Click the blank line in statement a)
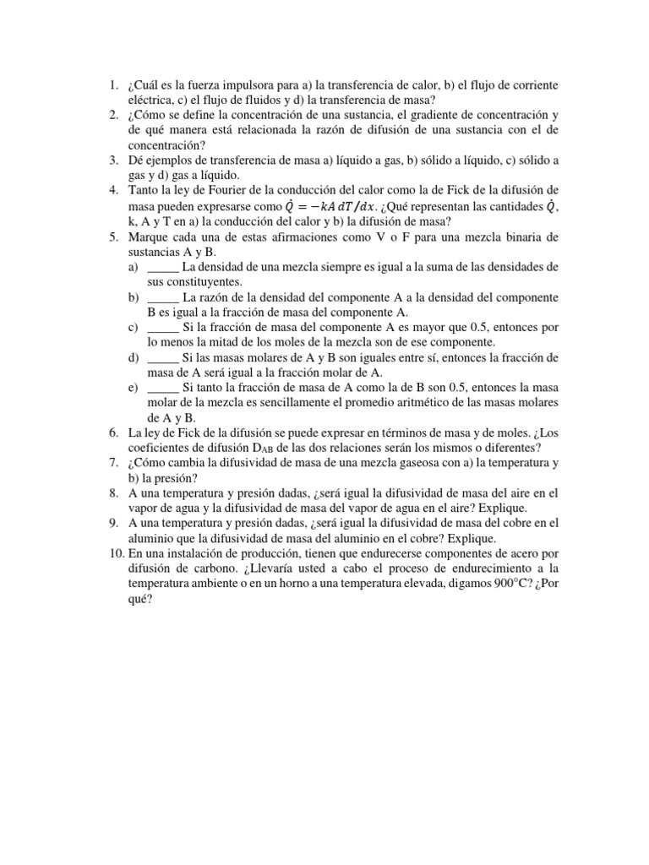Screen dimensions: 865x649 pyautogui.click(x=164, y=267)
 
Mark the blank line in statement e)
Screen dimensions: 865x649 pyautogui.click(x=164, y=388)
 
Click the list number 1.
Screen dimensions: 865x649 pyautogui.click(x=112, y=85)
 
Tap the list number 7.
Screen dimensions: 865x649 pyautogui.click(x=112, y=463)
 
